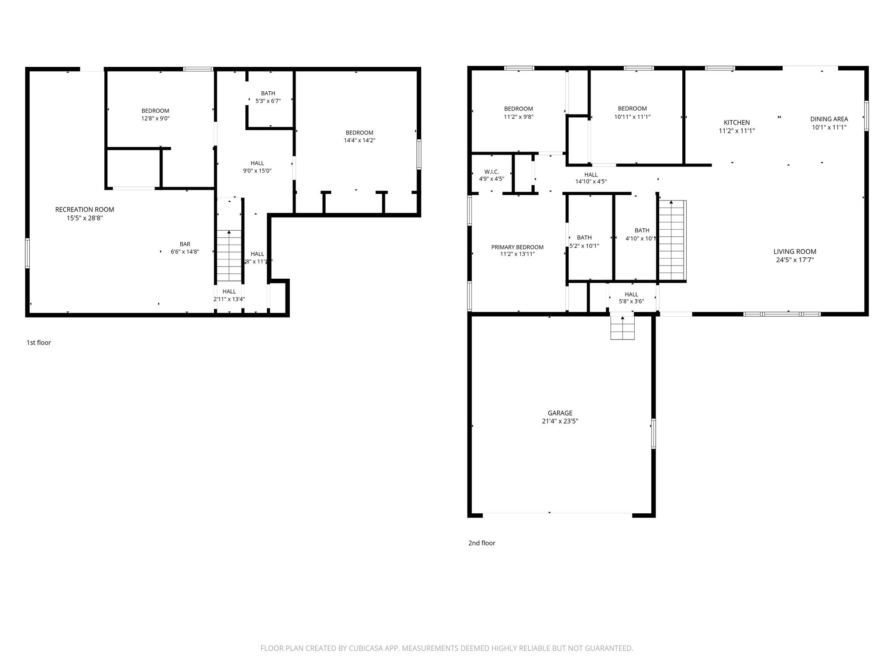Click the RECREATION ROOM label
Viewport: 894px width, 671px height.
point(84,210)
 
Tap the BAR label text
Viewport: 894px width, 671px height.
point(185,244)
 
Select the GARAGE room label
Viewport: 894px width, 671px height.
point(560,413)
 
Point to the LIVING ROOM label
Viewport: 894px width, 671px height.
point(794,252)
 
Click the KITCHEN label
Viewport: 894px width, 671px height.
point(736,123)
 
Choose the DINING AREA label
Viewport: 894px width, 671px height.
point(829,119)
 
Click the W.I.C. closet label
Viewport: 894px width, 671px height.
point(492,172)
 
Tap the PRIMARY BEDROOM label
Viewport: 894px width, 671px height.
point(517,247)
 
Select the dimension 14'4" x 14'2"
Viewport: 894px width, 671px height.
point(359,141)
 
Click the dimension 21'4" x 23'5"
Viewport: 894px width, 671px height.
point(560,421)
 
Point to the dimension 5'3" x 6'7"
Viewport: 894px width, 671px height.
point(268,101)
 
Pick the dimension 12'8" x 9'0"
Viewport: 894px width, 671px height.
point(155,118)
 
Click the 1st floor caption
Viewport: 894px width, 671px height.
point(38,342)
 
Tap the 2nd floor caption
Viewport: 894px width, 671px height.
point(481,543)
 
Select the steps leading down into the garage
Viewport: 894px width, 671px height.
point(622,328)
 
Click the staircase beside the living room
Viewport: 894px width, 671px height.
point(672,240)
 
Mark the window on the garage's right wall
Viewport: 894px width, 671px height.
point(653,433)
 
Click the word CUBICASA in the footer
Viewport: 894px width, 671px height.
point(365,648)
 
